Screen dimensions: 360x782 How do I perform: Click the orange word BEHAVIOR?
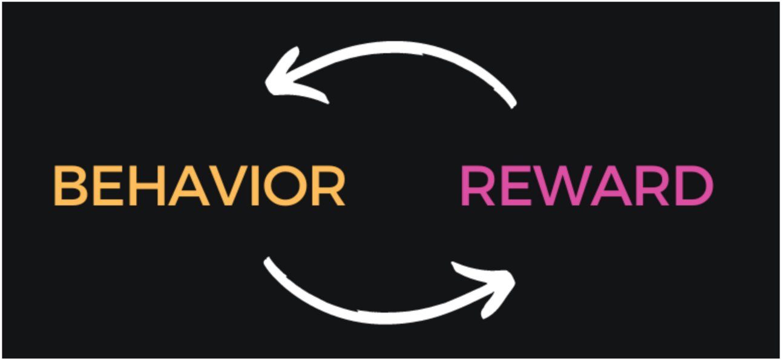click(x=200, y=186)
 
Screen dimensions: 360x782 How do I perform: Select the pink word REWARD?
click(x=586, y=186)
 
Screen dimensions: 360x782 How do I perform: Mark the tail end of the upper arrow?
click(x=512, y=104)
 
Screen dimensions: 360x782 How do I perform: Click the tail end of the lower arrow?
click(x=268, y=261)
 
